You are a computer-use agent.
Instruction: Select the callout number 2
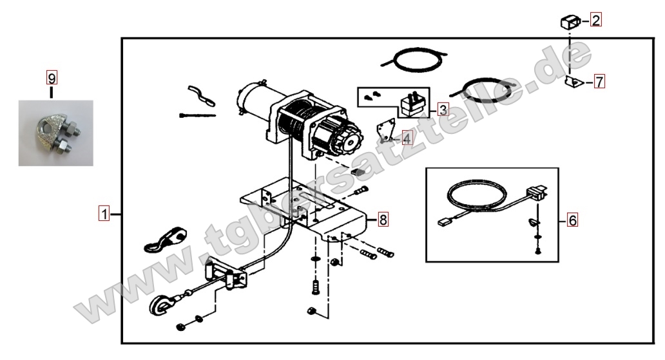click(x=596, y=20)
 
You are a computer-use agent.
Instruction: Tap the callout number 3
click(x=443, y=110)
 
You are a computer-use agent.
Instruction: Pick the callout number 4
click(x=407, y=138)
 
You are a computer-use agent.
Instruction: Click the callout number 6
click(x=573, y=220)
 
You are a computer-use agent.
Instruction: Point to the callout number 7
click(x=599, y=81)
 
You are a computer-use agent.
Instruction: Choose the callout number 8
click(x=383, y=220)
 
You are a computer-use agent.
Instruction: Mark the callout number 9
click(x=52, y=78)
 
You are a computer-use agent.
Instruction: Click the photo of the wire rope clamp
click(x=55, y=133)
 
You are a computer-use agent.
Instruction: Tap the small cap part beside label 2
click(x=570, y=22)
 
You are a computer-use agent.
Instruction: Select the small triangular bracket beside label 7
click(x=573, y=81)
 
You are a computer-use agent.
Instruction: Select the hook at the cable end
click(x=162, y=305)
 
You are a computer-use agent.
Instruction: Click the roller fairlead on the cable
click(x=225, y=274)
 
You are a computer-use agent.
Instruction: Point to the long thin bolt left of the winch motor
click(x=197, y=115)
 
